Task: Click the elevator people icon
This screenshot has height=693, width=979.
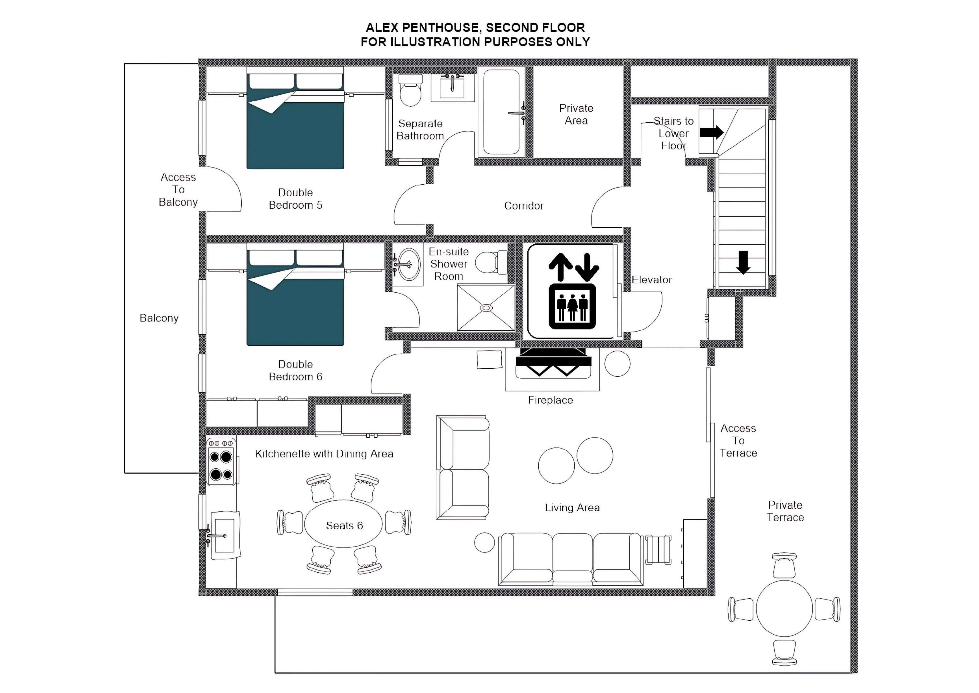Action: coord(572,306)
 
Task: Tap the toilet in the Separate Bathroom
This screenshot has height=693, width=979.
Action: coord(411,91)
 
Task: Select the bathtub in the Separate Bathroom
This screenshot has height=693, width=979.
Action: coord(502,112)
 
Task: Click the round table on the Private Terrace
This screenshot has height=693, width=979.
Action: coord(784,609)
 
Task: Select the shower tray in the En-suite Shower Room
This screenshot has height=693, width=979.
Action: coord(486,308)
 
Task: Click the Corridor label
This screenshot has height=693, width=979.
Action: coord(524,206)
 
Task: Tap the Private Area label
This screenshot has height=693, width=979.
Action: coord(576,114)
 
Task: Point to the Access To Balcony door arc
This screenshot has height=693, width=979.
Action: coord(226,188)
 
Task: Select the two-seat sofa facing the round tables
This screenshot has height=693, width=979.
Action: coord(464,467)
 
